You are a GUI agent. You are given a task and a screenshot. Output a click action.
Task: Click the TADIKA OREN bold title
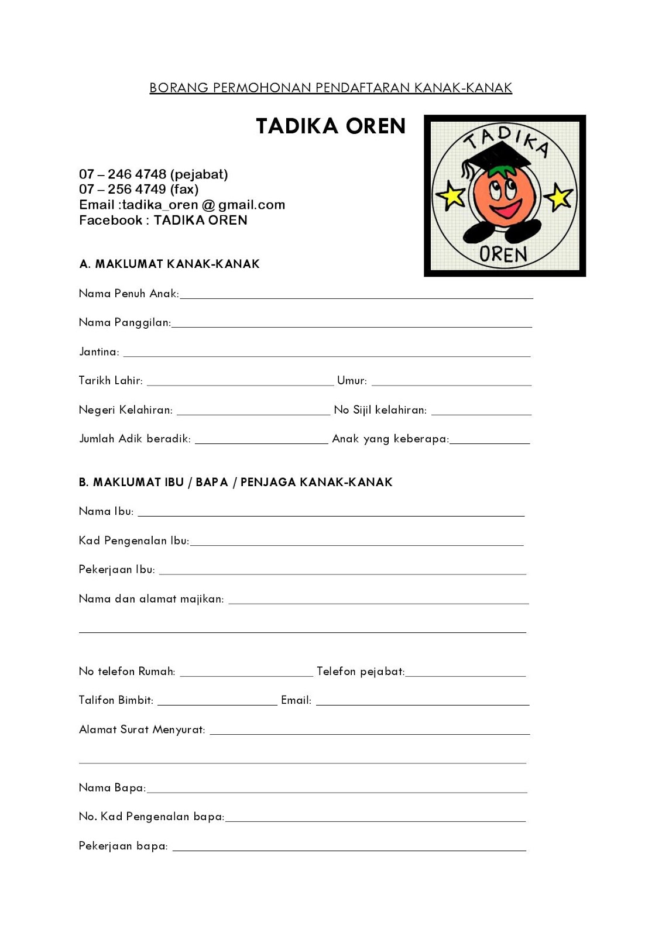331,126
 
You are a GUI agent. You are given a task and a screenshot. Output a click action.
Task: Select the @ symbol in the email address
208,205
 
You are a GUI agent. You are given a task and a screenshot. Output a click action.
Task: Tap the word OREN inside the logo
503,254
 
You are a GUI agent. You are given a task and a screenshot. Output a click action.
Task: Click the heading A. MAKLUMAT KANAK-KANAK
169,264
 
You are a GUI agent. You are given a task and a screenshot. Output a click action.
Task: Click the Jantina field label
99,352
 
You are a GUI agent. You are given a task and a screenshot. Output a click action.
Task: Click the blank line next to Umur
451,384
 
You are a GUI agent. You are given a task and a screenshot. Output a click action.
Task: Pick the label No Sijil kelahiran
380,410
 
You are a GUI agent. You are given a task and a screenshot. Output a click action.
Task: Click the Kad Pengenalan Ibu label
133,541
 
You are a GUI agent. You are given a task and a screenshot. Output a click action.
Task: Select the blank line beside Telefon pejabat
465,675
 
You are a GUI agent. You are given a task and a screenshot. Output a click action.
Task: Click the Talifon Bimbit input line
217,704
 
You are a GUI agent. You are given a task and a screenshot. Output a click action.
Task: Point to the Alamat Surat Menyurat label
142,729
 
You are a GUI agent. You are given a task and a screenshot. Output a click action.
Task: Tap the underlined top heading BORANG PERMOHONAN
331,88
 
